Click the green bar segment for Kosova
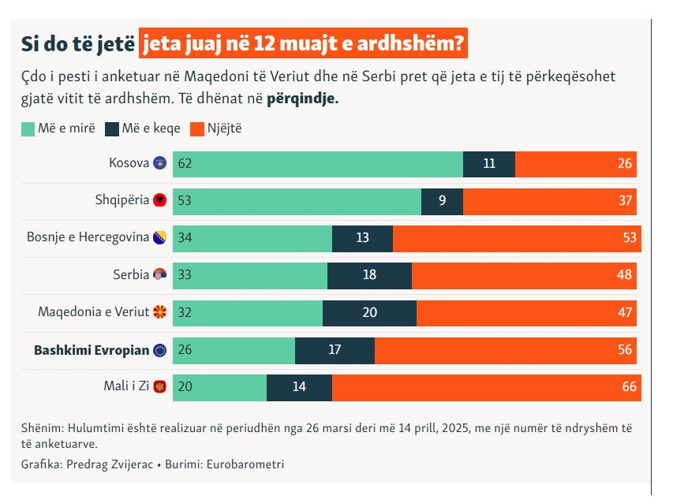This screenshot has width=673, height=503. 317,164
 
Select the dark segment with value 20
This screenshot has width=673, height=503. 369,312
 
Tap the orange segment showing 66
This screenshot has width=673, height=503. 486,387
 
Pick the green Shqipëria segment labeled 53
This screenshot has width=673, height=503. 297,200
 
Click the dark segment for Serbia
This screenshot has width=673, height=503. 369,275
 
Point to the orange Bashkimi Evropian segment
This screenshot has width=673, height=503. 507,350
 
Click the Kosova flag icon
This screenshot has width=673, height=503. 159,163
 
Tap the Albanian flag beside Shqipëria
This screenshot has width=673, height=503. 159,200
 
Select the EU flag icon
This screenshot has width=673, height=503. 159,350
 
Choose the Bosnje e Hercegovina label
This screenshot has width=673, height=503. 88,237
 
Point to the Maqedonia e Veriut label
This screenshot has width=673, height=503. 93,312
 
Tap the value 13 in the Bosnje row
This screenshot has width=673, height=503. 362,237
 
